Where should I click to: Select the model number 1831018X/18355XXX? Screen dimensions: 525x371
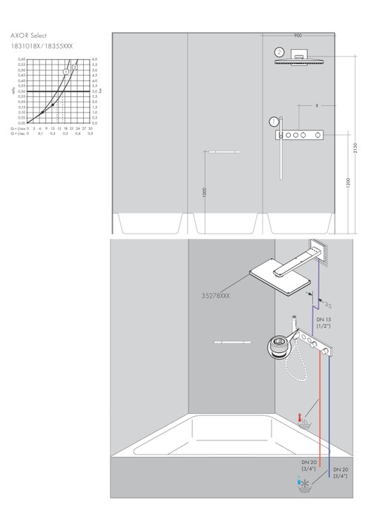click(42, 46)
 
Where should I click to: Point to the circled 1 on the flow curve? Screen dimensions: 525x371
click(65, 71)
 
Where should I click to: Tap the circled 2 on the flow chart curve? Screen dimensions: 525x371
click(75, 67)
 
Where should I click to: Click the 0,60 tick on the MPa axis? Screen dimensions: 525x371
click(22, 59)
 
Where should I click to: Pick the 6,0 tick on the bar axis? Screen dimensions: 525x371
click(93, 59)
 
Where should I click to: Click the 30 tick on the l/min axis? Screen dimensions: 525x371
click(89, 128)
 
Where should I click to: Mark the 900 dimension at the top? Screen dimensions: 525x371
click(298, 35)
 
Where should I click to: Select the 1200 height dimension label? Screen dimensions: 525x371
click(348, 183)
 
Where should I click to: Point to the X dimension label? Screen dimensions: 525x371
click(316, 107)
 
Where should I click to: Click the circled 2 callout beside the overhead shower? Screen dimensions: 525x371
click(279, 52)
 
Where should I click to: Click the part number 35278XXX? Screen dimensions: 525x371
click(216, 295)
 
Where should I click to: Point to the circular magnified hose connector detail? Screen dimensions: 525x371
click(277, 346)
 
